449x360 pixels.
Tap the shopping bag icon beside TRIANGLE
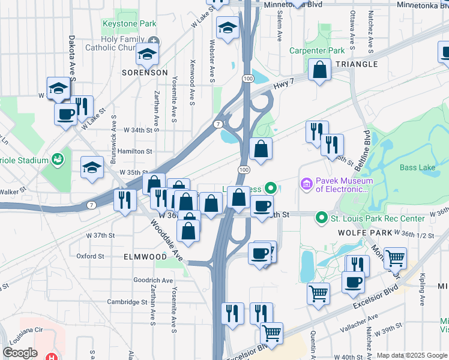coord(320,70)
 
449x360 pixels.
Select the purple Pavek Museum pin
coord(306,182)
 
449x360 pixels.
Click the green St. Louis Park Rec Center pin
coord(322,218)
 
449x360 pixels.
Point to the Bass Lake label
coord(417,167)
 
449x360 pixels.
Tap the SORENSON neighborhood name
coord(145,72)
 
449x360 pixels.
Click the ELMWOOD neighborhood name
coord(145,256)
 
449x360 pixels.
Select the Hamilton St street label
coord(135,152)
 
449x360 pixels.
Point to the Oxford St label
coord(91,256)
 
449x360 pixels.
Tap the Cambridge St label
coord(127,302)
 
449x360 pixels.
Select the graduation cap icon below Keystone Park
coord(146,55)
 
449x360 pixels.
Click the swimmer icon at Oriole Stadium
coord(58,160)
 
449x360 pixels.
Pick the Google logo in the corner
coord(20,352)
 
